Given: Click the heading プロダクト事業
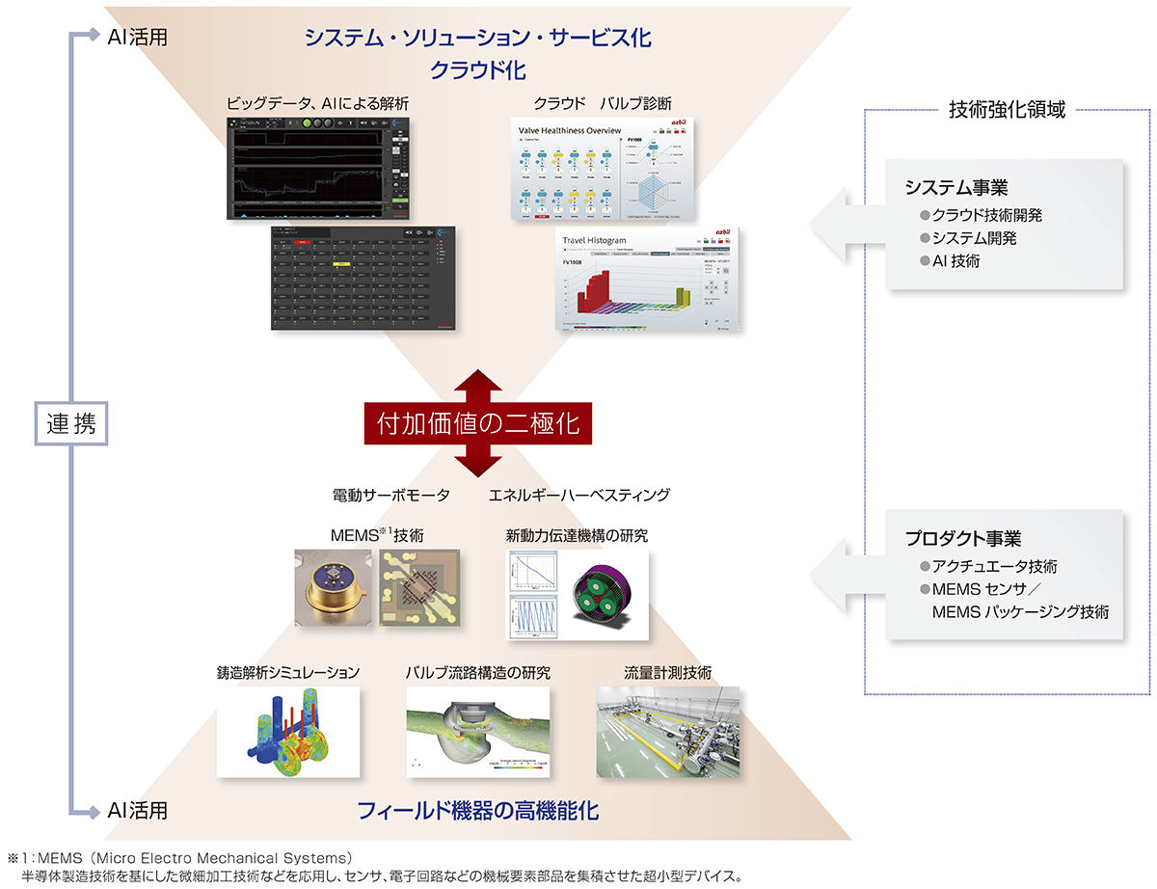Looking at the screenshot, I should click(962, 539).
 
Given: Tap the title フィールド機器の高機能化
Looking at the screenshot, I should click(478, 811).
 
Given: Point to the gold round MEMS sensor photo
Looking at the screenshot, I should click(331, 588).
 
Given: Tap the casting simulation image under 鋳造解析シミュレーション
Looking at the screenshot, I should click(287, 731).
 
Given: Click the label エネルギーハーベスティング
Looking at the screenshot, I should click(578, 495).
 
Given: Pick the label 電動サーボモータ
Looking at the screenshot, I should click(390, 495).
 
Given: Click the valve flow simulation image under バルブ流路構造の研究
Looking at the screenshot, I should click(477, 731).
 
